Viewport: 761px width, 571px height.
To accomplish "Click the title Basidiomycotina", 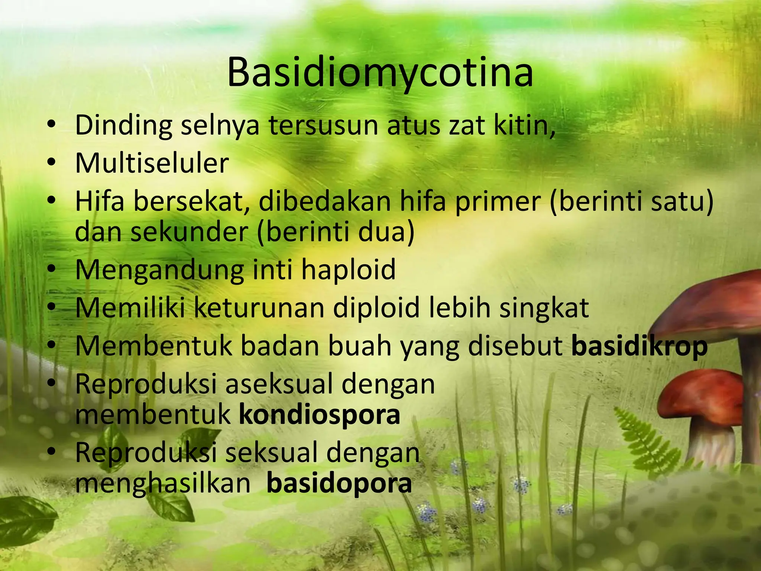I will (x=380, y=73).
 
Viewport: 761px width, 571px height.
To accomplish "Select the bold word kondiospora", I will (x=320, y=414).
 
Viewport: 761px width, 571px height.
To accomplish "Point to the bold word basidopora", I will (x=339, y=483).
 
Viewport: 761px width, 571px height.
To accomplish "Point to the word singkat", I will (x=544, y=309).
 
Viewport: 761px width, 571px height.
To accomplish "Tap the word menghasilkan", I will (x=163, y=483).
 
